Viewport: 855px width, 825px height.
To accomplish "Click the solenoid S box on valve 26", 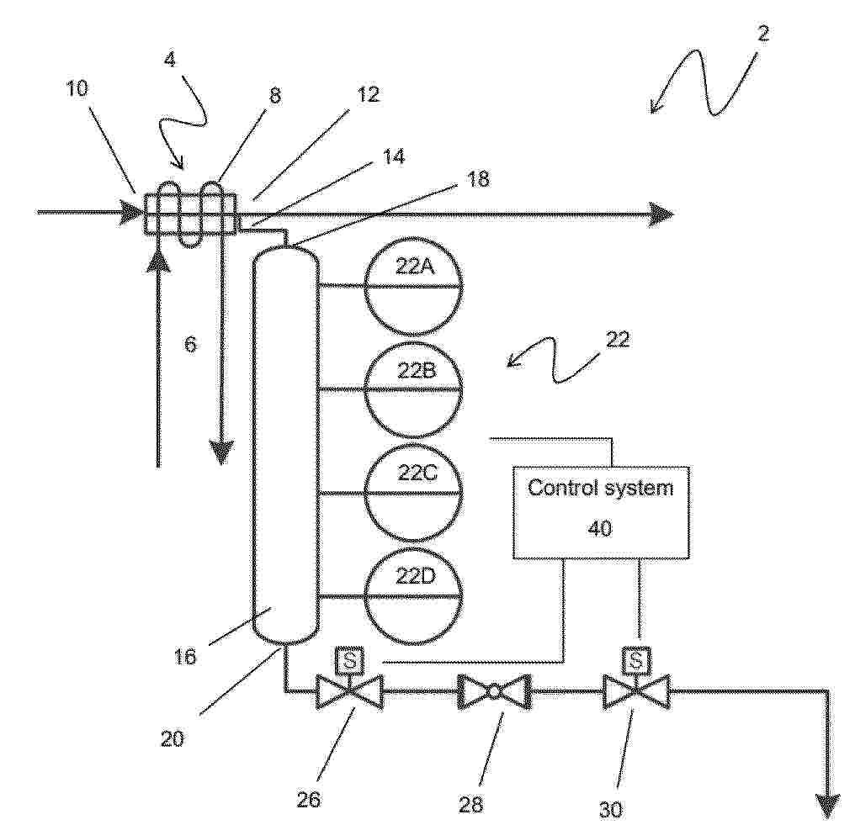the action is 350,660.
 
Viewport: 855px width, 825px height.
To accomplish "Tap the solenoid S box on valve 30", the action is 636,660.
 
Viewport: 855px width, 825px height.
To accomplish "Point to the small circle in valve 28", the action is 494,691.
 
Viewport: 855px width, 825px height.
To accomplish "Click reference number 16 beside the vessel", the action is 184,656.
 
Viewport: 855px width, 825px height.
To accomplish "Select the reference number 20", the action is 172,739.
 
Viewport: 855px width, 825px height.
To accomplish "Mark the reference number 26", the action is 308,799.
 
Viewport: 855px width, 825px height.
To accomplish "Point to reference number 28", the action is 471,803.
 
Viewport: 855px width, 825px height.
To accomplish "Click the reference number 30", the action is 611,810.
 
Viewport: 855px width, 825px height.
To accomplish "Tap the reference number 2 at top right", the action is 763,34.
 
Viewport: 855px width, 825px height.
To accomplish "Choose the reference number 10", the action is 77,88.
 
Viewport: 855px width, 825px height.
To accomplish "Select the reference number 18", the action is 478,179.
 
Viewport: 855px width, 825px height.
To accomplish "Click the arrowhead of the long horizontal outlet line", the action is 661,213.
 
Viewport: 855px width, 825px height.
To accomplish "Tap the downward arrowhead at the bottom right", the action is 828,806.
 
